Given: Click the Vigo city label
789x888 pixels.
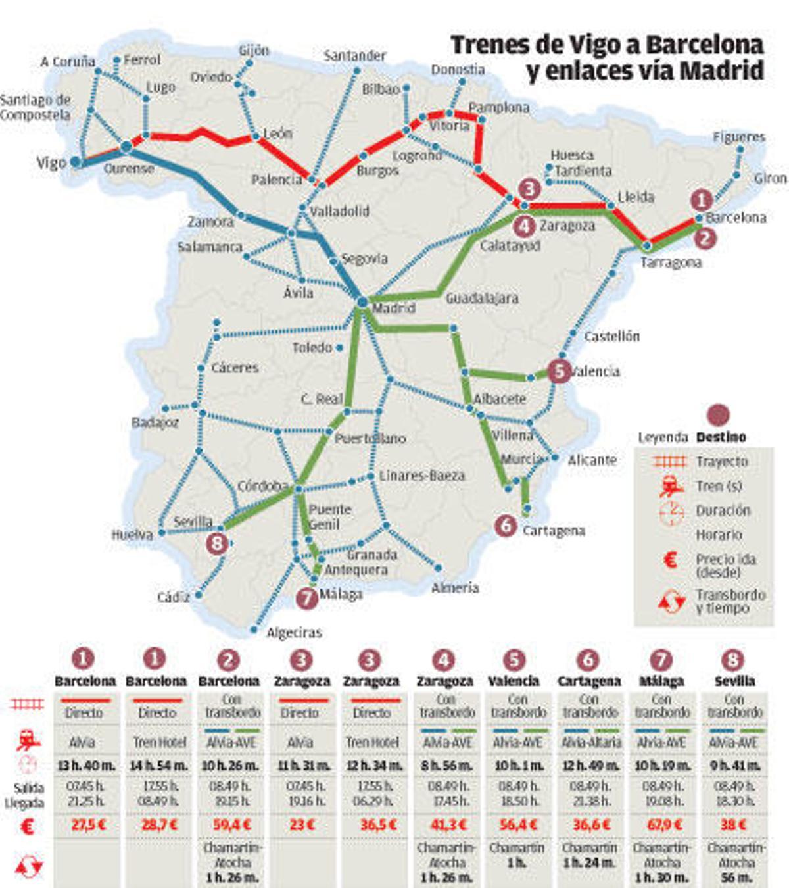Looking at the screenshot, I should pos(51,162).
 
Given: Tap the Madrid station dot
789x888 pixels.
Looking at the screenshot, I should pos(362,302).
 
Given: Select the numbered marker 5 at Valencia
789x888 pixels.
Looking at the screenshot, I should pos(559,371).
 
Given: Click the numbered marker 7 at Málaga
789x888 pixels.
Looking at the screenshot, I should pos(307,597).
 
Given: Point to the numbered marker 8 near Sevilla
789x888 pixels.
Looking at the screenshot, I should pos(217,543).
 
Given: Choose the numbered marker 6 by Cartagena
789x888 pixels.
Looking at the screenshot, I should pos(506,525).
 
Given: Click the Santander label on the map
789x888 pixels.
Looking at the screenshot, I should pos(354,56).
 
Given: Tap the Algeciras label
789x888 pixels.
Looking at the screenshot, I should pos(294,633).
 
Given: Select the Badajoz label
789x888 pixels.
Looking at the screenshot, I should pos(155,422).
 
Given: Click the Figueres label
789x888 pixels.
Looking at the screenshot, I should pos(739,137).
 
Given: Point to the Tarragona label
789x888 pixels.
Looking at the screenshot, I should pos(671,262).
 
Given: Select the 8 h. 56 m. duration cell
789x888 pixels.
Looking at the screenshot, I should pos(445,766).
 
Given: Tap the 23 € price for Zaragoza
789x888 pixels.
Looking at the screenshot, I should pos(302,825).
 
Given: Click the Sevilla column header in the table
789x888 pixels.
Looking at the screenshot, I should pos(734,681).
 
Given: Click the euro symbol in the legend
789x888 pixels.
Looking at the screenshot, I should pos(670,560).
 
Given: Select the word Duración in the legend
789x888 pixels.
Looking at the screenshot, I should pos(723,510).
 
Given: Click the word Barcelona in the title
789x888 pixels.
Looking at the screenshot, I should pos(704,45).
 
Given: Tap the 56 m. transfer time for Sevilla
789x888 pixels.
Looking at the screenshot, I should pos(735,877).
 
